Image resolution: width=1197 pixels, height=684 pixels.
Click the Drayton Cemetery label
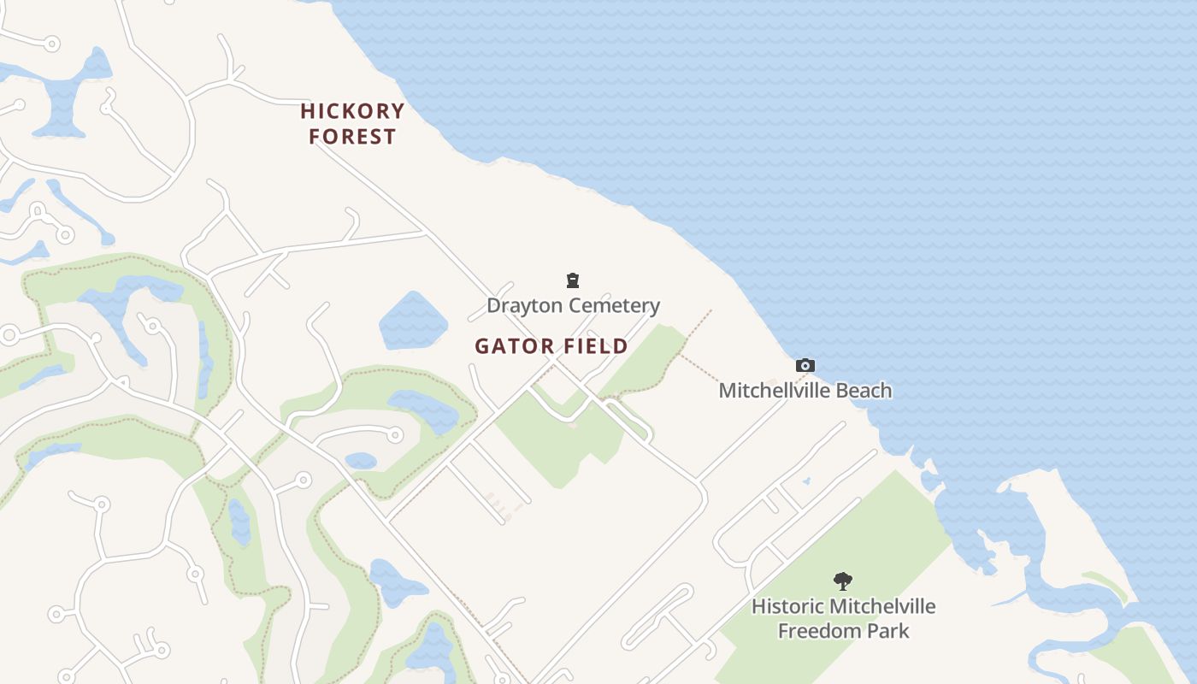click(x=573, y=305)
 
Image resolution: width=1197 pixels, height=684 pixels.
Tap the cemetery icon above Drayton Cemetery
click(x=573, y=280)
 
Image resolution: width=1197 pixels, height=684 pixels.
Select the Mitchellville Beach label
click(x=805, y=391)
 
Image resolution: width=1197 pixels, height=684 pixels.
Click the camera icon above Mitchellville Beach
click(x=805, y=366)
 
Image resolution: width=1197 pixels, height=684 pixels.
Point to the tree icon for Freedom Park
click(x=843, y=581)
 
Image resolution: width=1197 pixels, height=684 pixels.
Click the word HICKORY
click(x=352, y=111)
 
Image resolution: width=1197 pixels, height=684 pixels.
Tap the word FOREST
click(x=352, y=137)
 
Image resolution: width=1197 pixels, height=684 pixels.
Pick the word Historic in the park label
click(x=789, y=606)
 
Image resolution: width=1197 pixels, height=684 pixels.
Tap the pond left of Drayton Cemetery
click(x=413, y=321)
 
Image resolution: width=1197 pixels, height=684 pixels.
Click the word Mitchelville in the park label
click(x=883, y=606)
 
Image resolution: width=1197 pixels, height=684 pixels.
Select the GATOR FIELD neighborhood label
click(x=551, y=346)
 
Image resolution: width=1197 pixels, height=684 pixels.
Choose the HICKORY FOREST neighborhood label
click(x=352, y=124)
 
